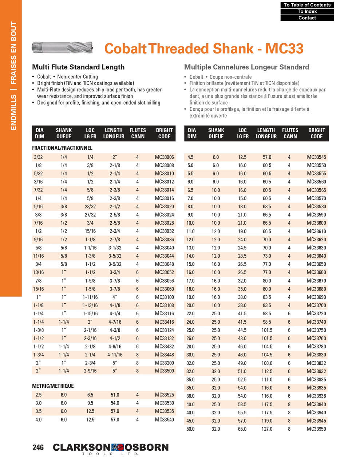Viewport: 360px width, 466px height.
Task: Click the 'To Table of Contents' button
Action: point(307,5)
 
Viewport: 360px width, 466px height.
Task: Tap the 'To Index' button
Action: point(307,11)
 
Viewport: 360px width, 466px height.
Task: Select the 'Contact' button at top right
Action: point(307,18)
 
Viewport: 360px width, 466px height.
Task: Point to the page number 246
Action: point(38,447)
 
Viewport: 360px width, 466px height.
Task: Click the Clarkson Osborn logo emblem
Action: point(118,447)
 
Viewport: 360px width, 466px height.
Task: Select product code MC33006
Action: point(164,157)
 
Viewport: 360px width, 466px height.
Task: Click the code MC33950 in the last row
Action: point(316,429)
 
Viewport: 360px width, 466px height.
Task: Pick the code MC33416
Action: point(164,322)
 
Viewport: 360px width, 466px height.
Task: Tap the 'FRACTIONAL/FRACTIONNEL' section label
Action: point(62,148)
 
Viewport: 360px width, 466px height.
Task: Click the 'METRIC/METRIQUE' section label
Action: point(53,386)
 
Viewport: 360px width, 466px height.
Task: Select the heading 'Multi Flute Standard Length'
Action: point(78,67)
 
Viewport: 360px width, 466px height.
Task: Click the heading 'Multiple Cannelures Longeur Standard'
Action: point(246,67)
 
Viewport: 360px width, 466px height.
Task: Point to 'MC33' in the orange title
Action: point(284,48)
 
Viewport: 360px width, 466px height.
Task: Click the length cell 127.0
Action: point(267,429)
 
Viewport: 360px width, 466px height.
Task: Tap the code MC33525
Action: point(164,395)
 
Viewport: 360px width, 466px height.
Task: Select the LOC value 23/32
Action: point(90,206)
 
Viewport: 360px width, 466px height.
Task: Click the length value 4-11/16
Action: point(115,355)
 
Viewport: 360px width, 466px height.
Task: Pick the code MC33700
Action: point(316,305)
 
